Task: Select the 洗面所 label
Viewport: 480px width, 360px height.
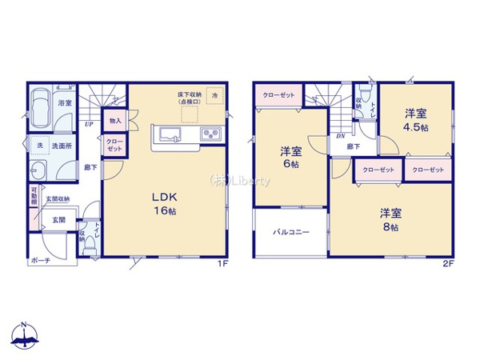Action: pos(62,146)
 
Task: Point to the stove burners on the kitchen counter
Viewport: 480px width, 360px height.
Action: pos(211,134)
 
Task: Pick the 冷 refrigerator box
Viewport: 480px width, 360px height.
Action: pos(214,95)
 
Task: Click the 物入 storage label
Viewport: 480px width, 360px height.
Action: pos(114,122)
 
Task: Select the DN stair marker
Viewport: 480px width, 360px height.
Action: pos(340,136)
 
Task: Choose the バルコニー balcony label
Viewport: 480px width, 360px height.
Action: pos(291,232)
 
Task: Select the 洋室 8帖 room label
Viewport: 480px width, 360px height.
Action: pos(390,218)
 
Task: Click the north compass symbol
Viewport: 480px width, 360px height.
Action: pos(25,335)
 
